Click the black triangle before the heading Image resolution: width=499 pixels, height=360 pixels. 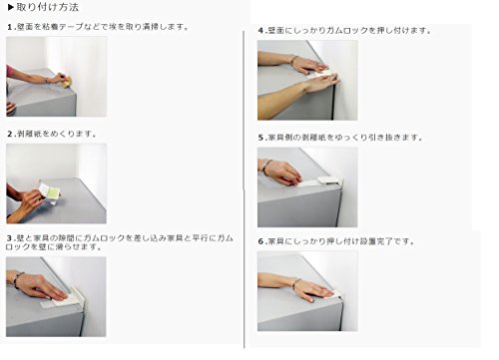11,7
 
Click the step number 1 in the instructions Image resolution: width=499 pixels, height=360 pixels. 10,27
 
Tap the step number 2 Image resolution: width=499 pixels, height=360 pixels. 10,134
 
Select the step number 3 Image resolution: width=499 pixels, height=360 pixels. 9,238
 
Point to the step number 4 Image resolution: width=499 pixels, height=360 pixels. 261,31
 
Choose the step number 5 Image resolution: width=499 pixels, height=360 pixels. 261,138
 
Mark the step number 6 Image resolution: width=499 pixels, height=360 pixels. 261,241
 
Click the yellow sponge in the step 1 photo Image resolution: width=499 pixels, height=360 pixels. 67,82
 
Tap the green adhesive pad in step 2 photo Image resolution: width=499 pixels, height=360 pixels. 53,190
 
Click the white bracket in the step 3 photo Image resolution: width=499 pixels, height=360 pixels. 77,296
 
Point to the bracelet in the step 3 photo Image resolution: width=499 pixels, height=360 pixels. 18,278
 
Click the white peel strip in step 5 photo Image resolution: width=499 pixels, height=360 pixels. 307,182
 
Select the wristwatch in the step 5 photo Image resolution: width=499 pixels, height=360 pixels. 266,166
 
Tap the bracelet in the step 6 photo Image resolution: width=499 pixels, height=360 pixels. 295,283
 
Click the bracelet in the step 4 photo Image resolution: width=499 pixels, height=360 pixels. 294,60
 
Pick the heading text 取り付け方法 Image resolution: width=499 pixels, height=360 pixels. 48,7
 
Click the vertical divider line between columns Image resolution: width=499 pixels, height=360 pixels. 244,189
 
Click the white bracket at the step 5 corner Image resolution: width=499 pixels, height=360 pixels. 330,180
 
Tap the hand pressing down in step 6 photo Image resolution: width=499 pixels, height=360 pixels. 315,290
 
